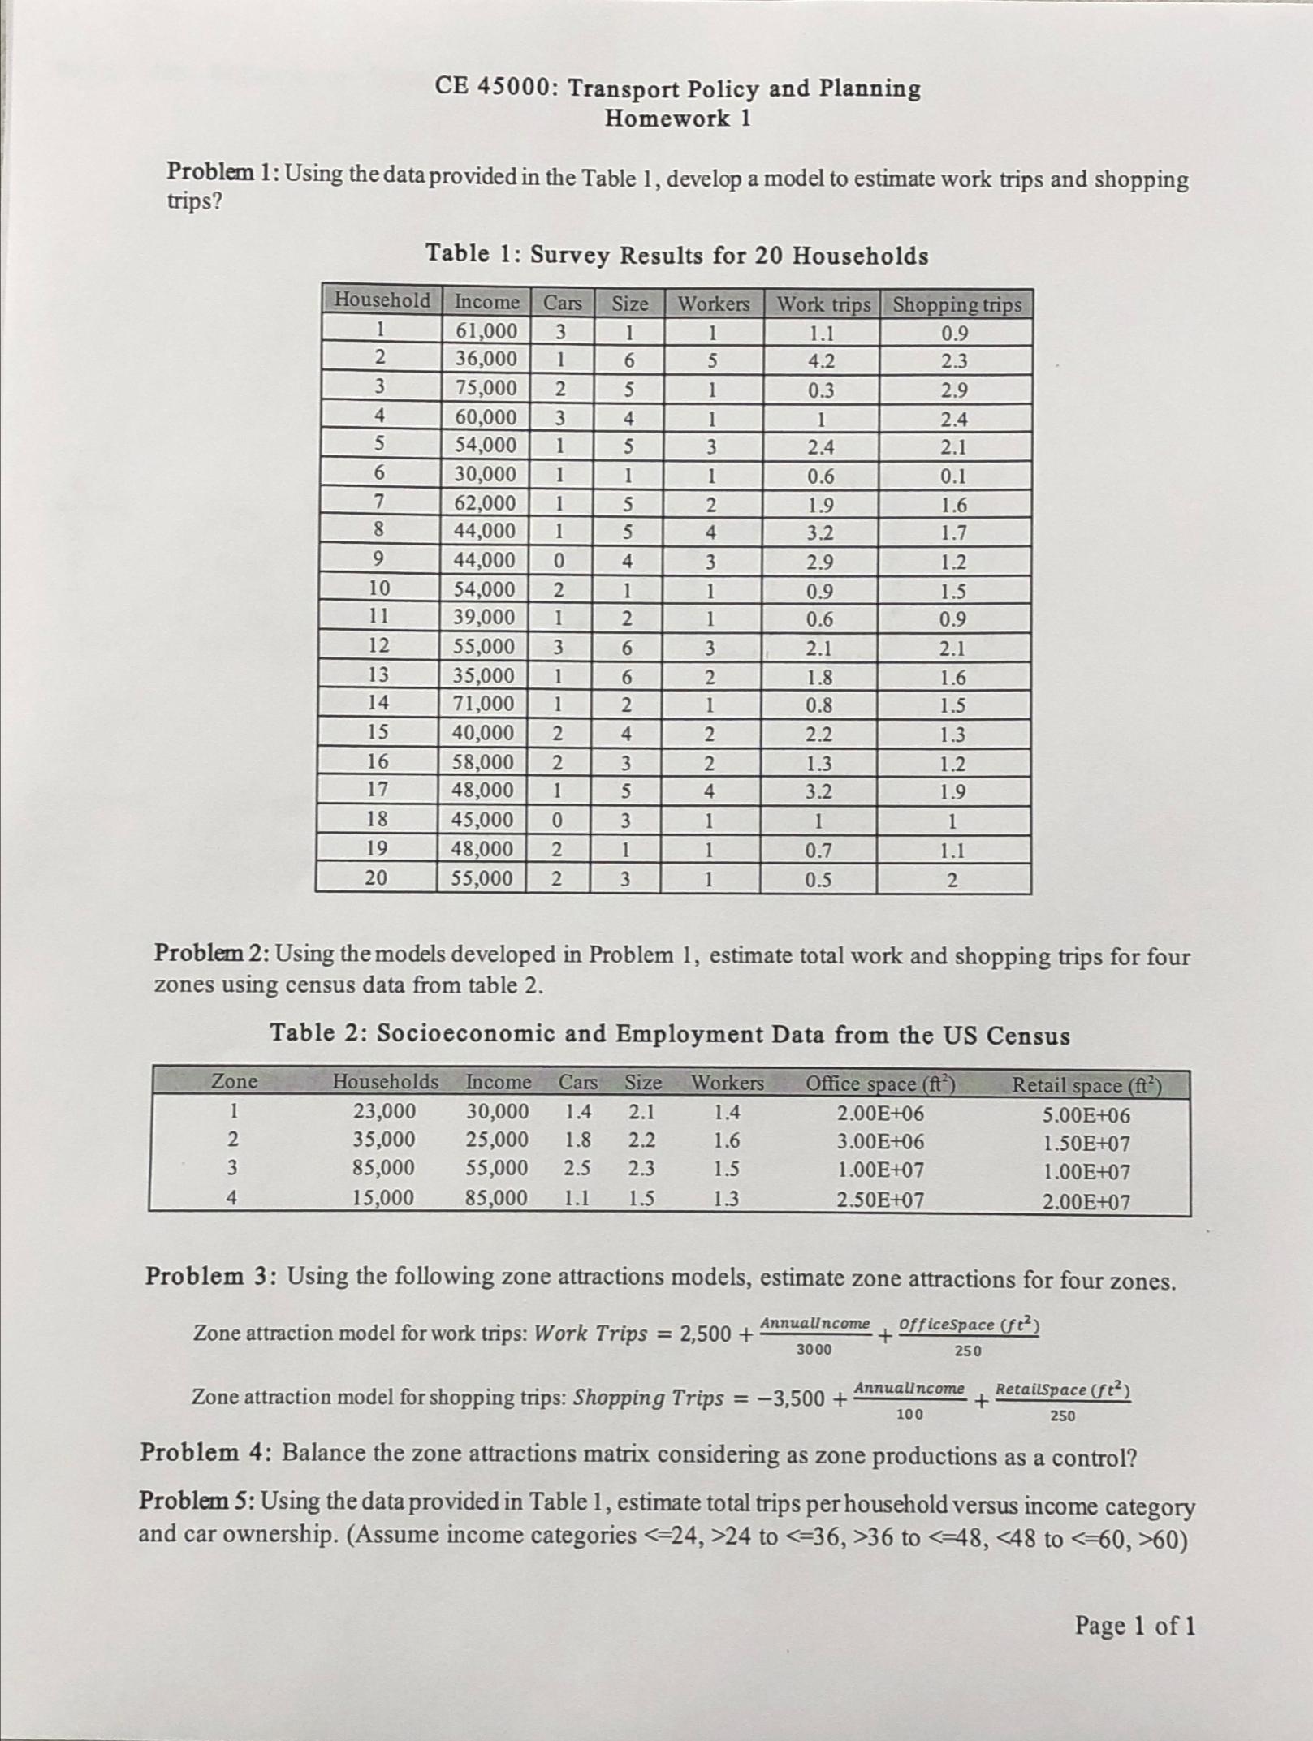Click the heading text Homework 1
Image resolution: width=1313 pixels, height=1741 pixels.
pyautogui.click(x=678, y=119)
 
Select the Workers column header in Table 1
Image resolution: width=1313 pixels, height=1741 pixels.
pyautogui.click(x=714, y=304)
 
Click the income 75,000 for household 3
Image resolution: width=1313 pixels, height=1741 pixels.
pyautogui.click(x=485, y=388)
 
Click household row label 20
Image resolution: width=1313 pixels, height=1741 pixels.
pyautogui.click(x=376, y=878)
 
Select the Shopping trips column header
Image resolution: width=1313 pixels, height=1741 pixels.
pyautogui.click(x=957, y=305)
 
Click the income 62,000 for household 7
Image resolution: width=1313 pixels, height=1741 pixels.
pyautogui.click(x=484, y=503)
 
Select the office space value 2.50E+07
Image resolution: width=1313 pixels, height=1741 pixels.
pyautogui.click(x=880, y=1200)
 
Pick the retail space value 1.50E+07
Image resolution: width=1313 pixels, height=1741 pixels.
pyautogui.click(x=1086, y=1144)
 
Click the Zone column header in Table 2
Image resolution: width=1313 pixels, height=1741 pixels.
pyautogui.click(x=235, y=1081)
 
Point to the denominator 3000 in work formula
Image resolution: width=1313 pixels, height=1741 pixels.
pyautogui.click(x=813, y=1350)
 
